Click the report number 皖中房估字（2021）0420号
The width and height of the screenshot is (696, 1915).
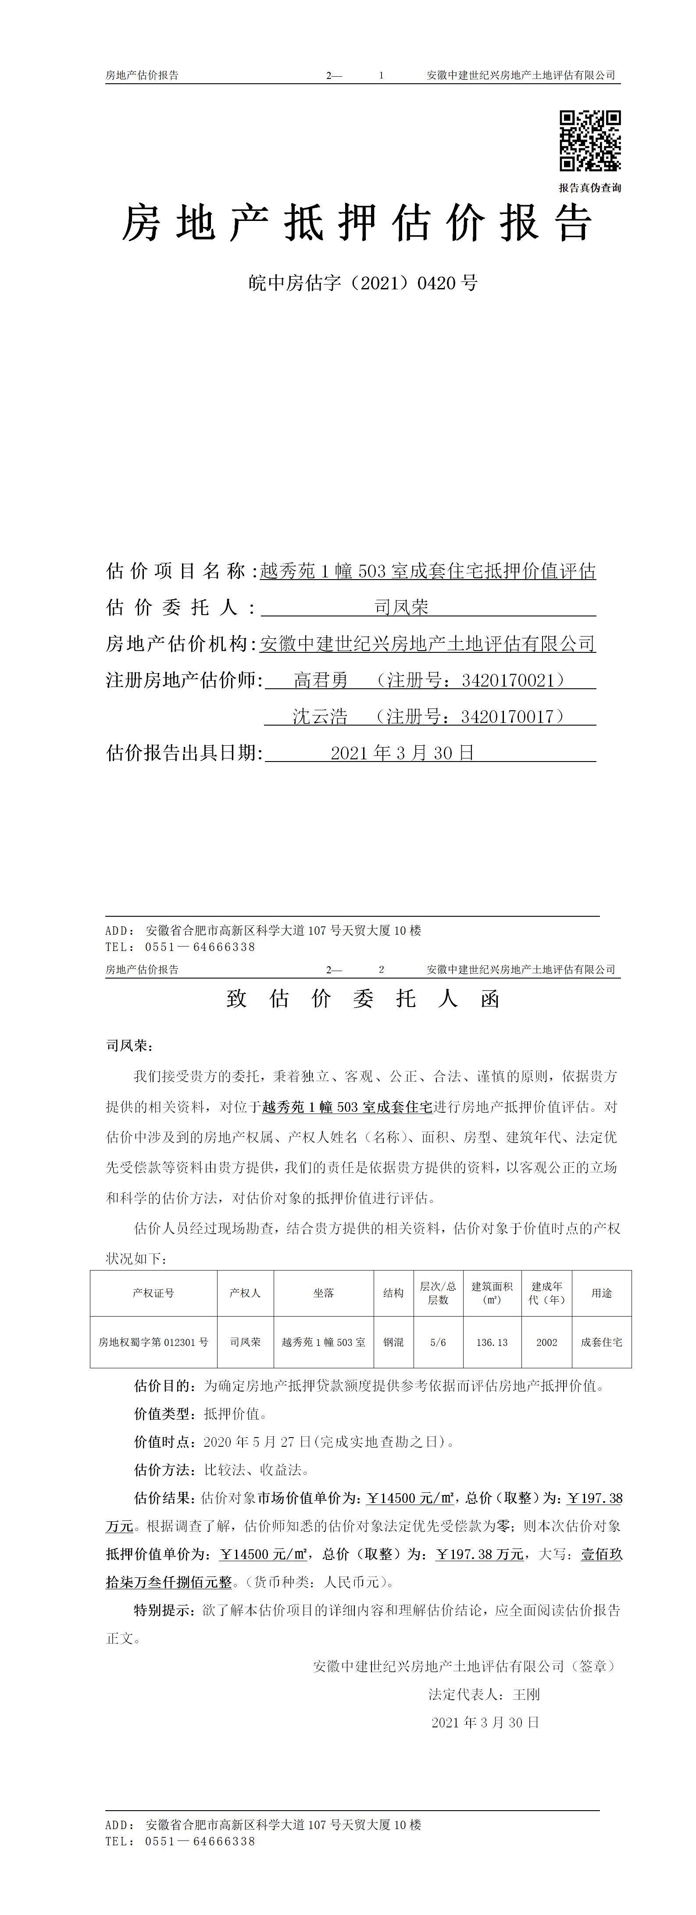[x=363, y=283]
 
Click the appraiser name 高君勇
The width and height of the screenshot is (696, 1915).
[x=321, y=680]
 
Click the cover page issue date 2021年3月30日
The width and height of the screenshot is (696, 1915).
[x=402, y=753]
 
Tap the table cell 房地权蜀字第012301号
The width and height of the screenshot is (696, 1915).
[x=153, y=1342]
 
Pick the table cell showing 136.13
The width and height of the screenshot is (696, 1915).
[x=492, y=1342]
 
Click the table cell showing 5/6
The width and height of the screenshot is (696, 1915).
[x=438, y=1342]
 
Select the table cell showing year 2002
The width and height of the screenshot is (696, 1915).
[x=546, y=1342]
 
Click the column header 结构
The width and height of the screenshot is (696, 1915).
[x=393, y=1293]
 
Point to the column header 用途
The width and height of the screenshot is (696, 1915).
[x=602, y=1293]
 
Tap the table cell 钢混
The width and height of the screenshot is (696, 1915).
[x=393, y=1342]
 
